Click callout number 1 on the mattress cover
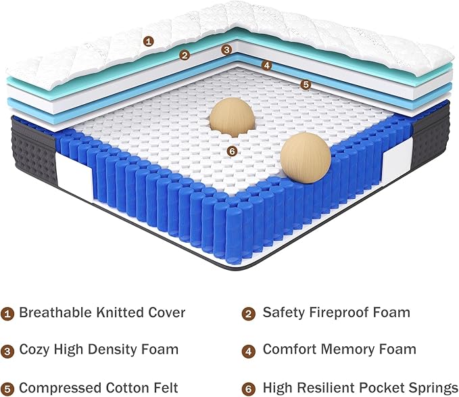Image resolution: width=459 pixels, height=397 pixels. click(149, 41)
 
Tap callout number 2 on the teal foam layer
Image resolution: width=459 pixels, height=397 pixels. click(185, 55)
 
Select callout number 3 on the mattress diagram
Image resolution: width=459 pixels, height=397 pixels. click(226, 50)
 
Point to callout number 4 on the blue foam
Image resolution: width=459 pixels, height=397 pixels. click(266, 66)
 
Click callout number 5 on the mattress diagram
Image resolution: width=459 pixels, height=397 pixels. click(306, 85)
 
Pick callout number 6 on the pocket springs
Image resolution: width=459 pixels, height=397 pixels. click(232, 151)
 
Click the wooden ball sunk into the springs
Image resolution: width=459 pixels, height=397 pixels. click(232, 118)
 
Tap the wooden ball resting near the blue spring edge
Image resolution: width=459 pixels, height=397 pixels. click(306, 158)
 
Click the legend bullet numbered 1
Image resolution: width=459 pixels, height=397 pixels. click(7, 314)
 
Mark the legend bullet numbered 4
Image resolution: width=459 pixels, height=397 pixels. click(249, 351)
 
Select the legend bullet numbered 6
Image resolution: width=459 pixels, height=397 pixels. click(249, 389)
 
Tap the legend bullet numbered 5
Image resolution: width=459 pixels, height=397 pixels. click(7, 389)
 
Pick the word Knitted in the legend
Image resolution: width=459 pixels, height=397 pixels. click(120, 312)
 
